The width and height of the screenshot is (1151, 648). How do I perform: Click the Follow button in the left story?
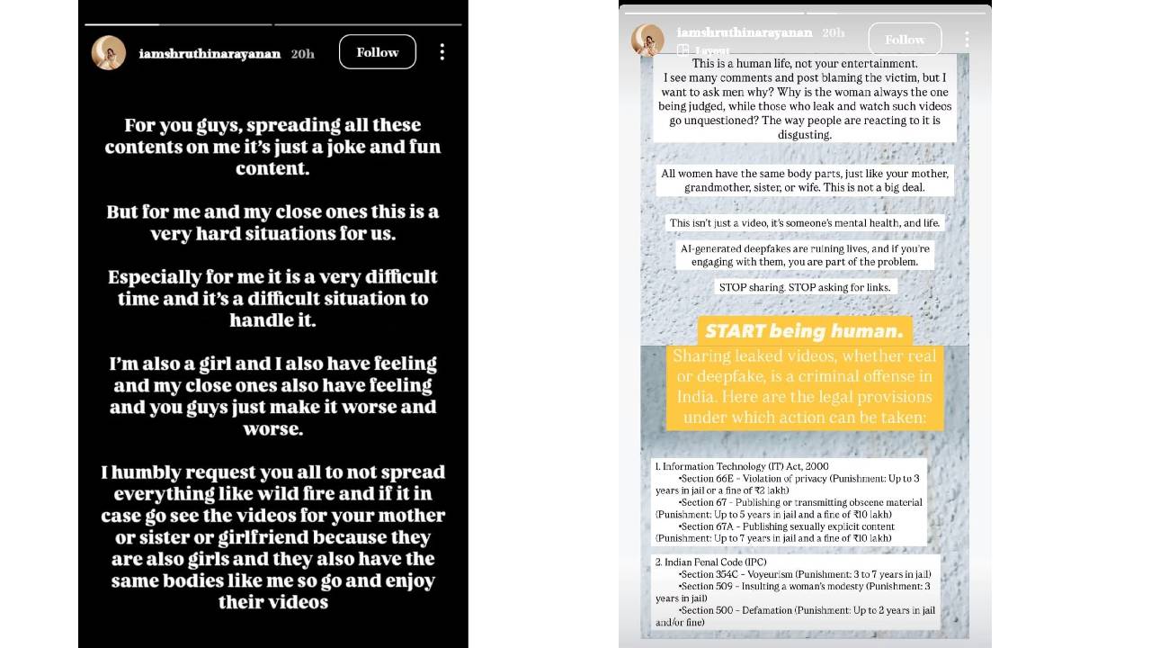(377, 52)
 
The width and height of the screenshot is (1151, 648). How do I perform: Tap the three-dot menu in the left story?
(442, 52)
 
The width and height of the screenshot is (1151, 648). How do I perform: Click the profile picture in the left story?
(109, 53)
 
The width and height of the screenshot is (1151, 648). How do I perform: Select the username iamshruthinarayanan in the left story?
(210, 53)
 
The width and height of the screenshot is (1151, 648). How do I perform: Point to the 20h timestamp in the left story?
(303, 54)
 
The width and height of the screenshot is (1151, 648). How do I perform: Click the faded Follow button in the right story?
(904, 40)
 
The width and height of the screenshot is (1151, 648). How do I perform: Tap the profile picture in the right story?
(647, 40)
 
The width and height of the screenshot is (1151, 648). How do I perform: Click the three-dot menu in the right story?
(967, 40)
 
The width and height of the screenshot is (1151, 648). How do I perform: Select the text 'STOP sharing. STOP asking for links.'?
(804, 287)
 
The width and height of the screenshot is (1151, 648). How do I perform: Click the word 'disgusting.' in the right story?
(804, 134)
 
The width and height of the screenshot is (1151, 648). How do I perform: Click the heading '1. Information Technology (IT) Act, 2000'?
(742, 466)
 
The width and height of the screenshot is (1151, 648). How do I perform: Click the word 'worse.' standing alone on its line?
(272, 429)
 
